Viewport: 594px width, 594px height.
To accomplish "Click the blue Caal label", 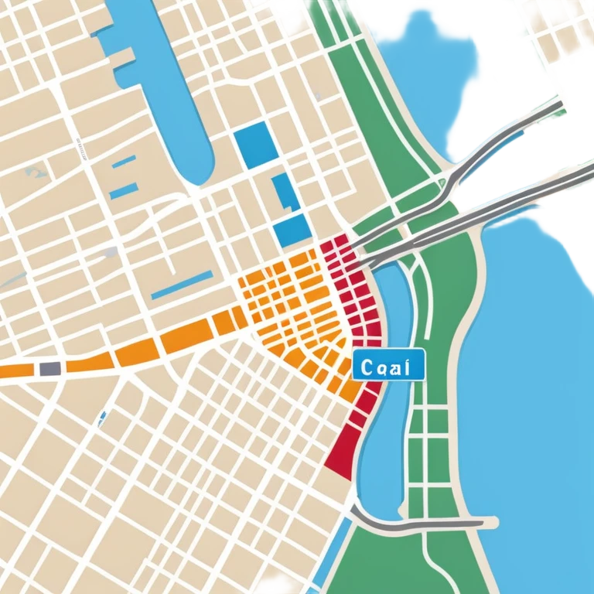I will pyautogui.click(x=388, y=364).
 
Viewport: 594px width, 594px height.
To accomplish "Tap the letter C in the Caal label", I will pyautogui.click(x=365, y=364).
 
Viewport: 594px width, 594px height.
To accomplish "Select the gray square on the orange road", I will pyautogui.click(x=49, y=368).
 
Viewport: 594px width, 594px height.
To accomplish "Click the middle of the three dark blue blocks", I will pyautogui.click(x=283, y=191).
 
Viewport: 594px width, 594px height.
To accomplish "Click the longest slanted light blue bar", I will pyautogui.click(x=181, y=285).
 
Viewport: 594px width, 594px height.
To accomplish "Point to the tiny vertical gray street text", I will pyautogui.click(x=78, y=147).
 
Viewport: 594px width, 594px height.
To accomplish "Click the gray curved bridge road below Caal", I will pyautogui.click(x=418, y=524).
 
